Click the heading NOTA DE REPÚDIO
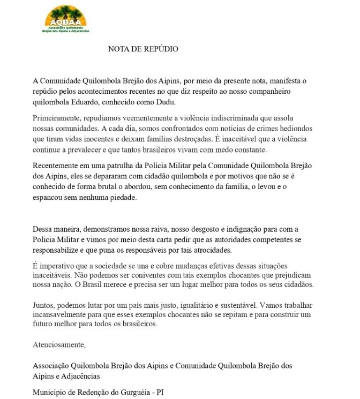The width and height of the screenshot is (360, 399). pyautogui.click(x=143, y=49)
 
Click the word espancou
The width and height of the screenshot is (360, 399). pyautogui.click(x=49, y=197)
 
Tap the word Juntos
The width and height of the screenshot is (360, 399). pyautogui.click(x=45, y=304)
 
